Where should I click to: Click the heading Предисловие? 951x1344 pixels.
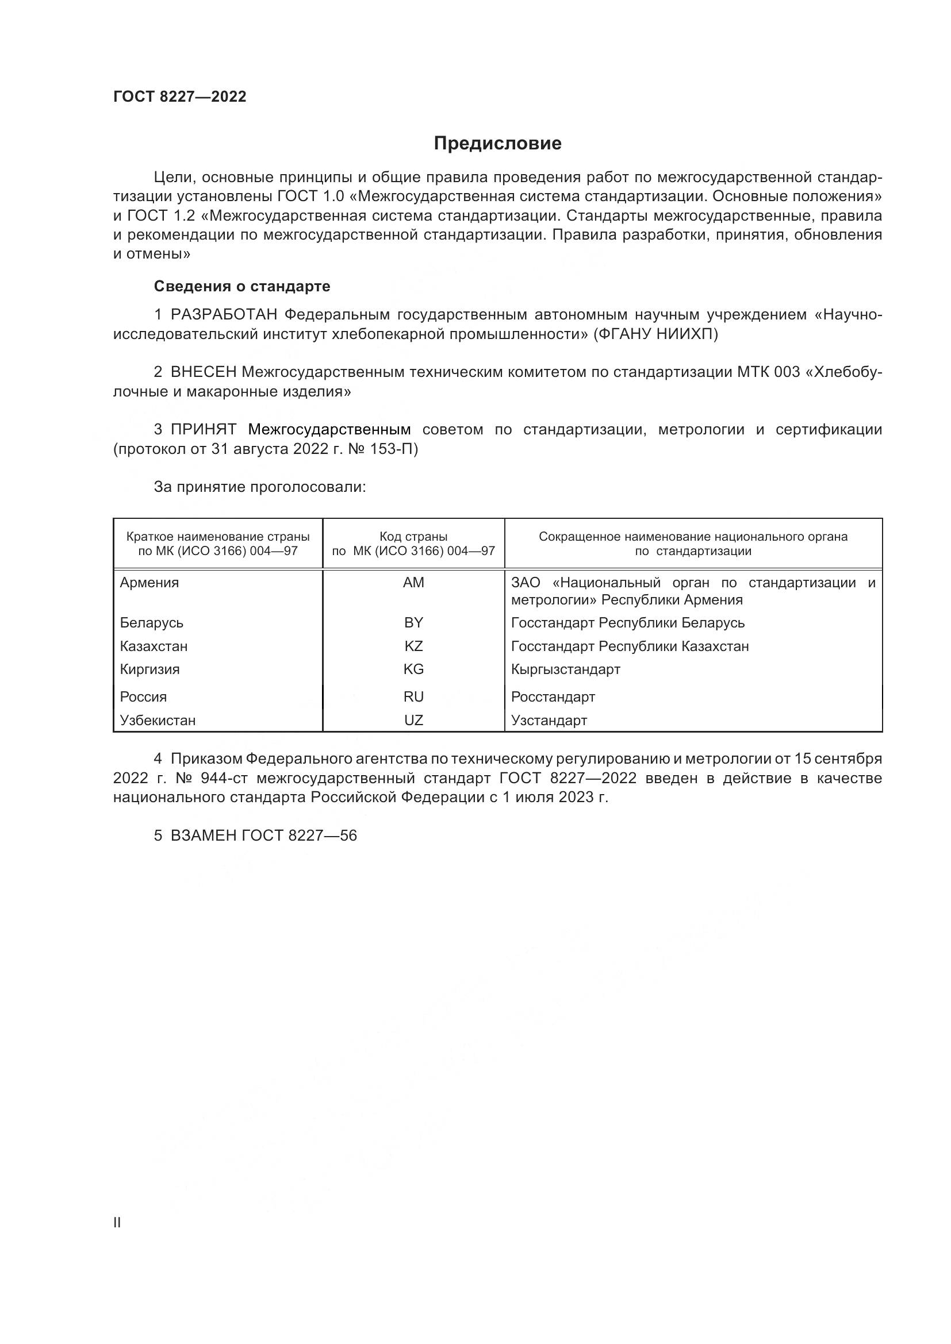click(497, 144)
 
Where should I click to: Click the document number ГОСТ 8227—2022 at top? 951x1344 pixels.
click(180, 97)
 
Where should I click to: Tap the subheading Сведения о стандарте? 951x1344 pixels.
click(242, 286)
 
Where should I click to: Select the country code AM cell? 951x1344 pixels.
click(413, 583)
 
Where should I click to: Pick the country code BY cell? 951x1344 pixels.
click(413, 622)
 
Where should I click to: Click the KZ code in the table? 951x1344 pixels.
click(413, 646)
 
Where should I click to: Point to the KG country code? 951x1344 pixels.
click(413, 669)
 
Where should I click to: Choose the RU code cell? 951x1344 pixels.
click(413, 696)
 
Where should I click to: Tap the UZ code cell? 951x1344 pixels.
click(413, 720)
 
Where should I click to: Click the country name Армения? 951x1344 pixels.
click(149, 583)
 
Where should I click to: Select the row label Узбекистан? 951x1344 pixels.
click(158, 720)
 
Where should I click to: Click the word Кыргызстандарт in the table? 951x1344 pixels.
click(565, 669)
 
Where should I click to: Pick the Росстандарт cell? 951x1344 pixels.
click(553, 696)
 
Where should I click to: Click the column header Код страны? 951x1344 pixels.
click(413, 537)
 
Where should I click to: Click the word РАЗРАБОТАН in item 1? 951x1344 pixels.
click(224, 315)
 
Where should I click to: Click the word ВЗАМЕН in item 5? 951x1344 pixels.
click(203, 835)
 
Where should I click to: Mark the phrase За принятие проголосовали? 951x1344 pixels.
click(259, 487)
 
